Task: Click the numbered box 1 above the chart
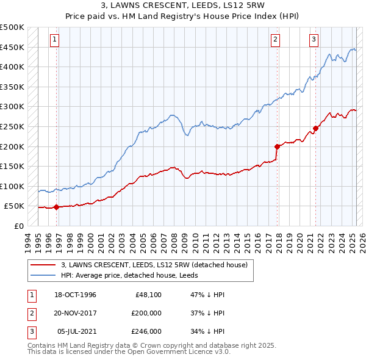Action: (x=54, y=40)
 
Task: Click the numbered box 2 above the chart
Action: (x=276, y=40)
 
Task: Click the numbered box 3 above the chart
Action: (x=314, y=40)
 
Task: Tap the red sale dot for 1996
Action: (x=56, y=207)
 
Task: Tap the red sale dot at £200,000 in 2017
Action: (x=277, y=146)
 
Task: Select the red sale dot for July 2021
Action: (x=315, y=128)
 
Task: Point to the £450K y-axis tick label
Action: (x=12, y=47)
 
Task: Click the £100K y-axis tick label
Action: (x=12, y=186)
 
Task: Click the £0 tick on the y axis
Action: (x=18, y=226)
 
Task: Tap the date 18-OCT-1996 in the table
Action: (x=75, y=295)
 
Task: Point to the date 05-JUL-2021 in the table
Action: (x=75, y=331)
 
